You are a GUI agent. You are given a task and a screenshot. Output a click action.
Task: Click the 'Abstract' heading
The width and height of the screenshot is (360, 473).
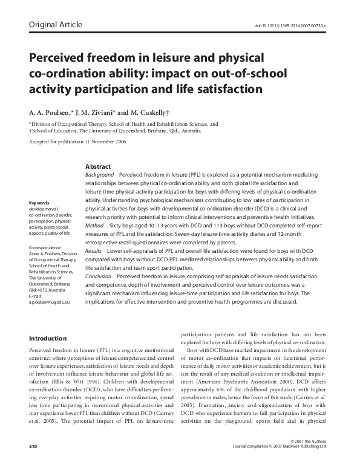pyautogui.click(x=98, y=166)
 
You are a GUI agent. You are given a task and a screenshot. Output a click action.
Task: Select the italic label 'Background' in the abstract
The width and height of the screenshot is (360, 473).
pyautogui.click(x=100, y=174)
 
